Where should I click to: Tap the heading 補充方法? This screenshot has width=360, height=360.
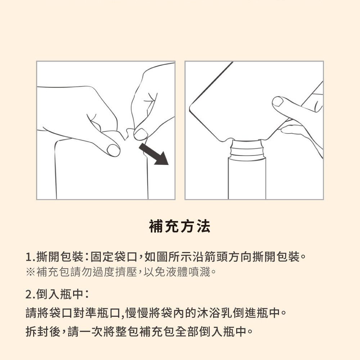[180, 226]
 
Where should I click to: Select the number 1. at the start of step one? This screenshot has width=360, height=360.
[31, 257]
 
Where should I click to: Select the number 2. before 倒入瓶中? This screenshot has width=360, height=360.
[31, 294]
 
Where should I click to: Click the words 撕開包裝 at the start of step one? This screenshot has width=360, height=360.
[60, 257]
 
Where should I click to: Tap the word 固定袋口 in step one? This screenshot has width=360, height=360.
[114, 257]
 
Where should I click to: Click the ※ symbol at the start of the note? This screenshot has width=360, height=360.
[30, 272]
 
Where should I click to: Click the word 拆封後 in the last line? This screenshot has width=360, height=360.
[43, 331]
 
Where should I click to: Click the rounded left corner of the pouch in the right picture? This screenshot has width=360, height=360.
[190, 108]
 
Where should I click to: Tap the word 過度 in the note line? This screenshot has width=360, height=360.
[104, 272]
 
